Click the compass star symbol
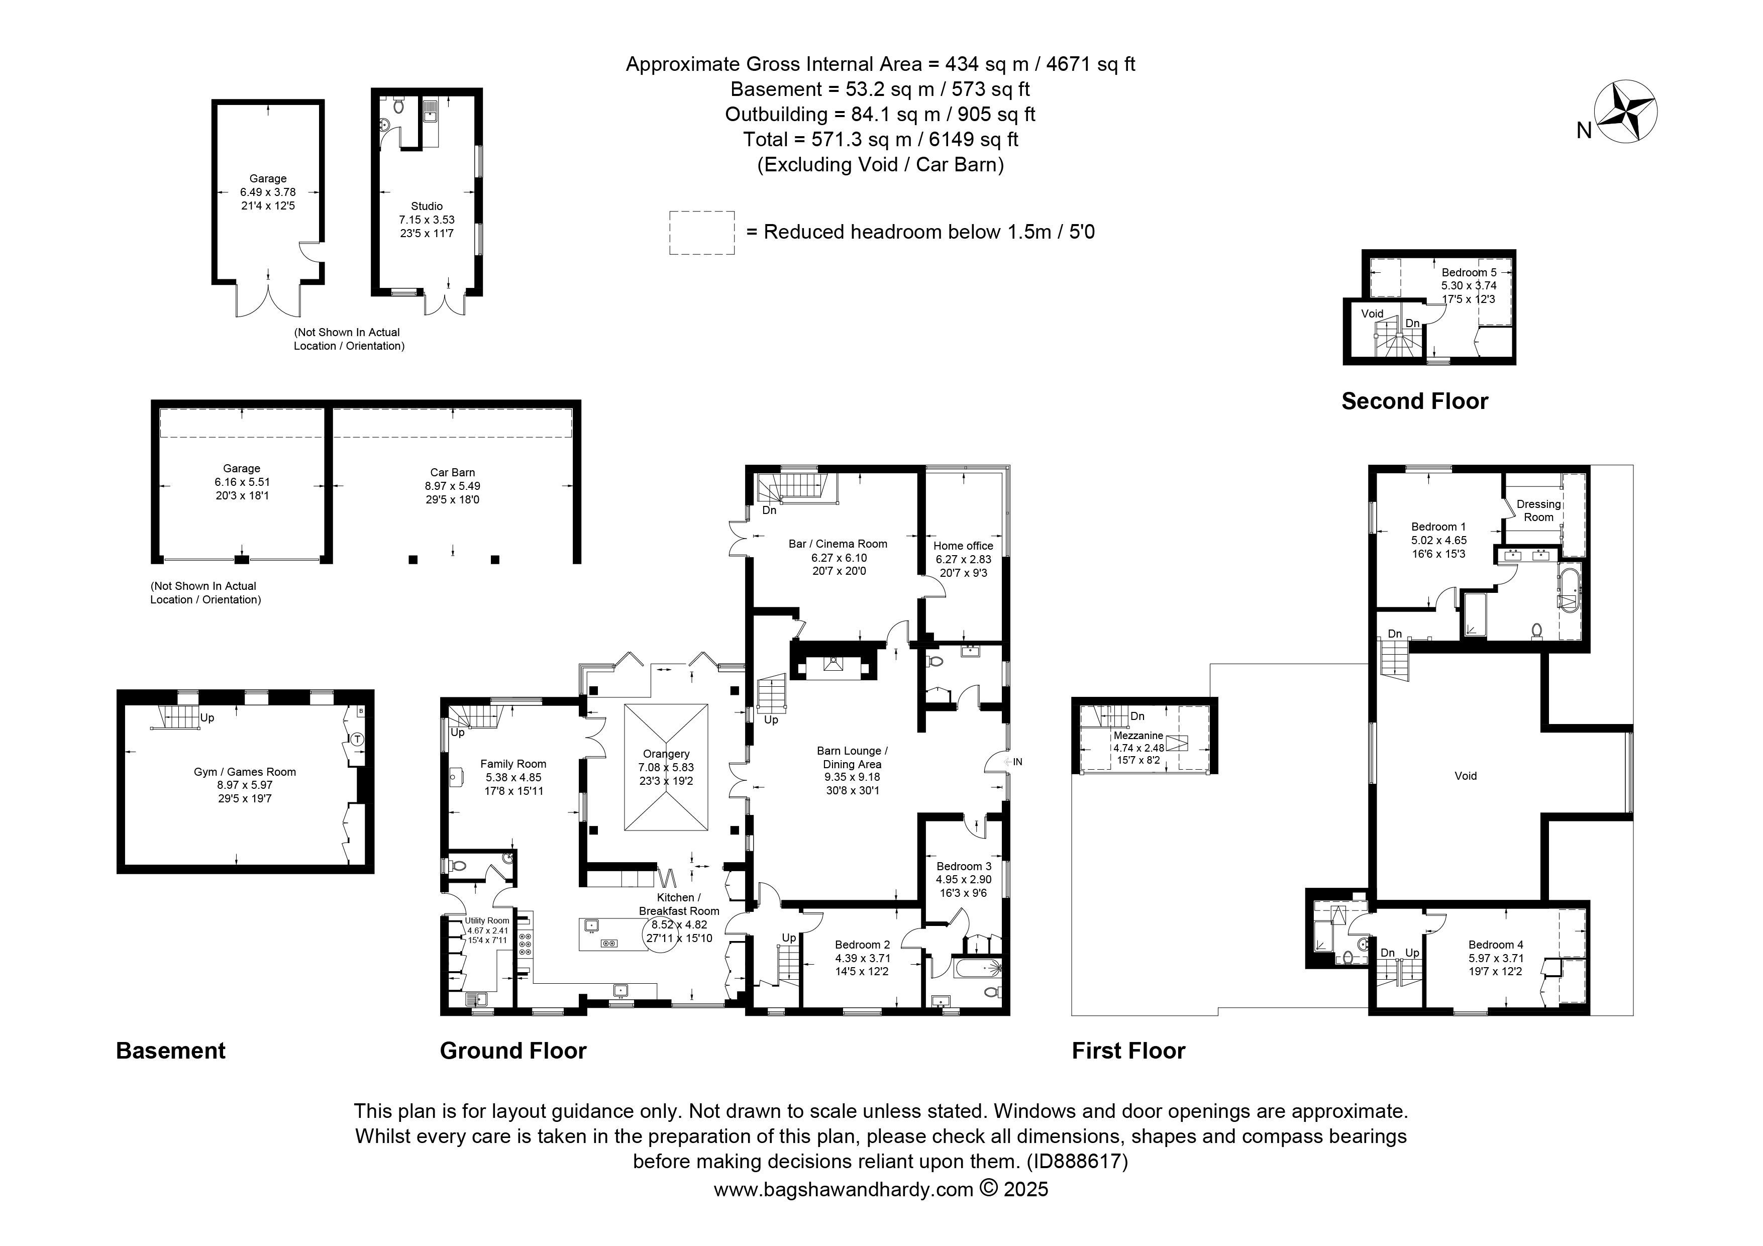[x=1625, y=112]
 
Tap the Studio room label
[x=427, y=206]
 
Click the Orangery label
[x=667, y=754]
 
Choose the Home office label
[x=964, y=546]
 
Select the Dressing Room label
[x=1539, y=510]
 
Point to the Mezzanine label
[x=1138, y=736]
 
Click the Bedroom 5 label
[x=1469, y=272]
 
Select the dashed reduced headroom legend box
[x=702, y=233]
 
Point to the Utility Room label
[x=487, y=920]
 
